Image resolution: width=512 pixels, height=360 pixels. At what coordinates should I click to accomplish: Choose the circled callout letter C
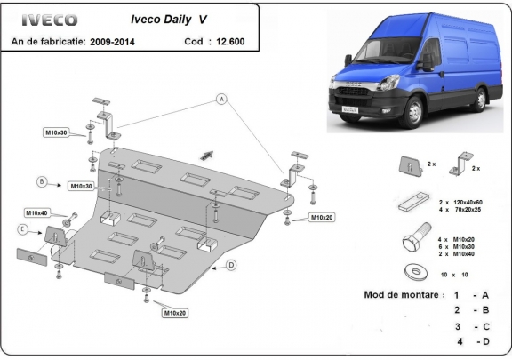point(21,229)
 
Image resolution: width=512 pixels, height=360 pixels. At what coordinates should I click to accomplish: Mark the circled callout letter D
point(230,264)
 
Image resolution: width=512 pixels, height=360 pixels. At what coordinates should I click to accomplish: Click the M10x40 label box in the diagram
point(36,213)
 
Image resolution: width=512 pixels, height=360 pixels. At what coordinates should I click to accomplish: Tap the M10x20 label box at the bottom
point(176,312)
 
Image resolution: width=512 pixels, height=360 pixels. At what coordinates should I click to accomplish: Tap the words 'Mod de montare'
point(400,294)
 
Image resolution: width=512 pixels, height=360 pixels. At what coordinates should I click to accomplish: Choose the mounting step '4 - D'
point(471,340)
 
